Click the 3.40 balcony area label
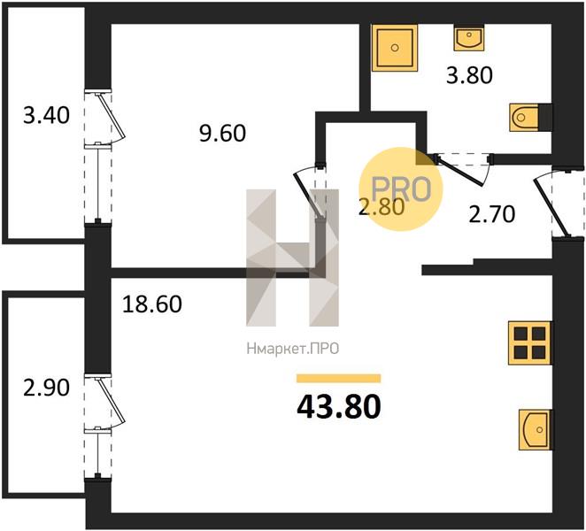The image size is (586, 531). coord(46,115)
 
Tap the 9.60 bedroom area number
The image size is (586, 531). coord(222,133)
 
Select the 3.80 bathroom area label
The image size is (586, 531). coord(470,74)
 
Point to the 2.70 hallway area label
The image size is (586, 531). coord(492,214)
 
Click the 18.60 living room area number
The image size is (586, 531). coord(152,304)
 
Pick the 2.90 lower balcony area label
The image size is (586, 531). coord(46,387)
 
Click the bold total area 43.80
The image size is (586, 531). coord(339,406)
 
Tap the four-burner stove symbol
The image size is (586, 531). coord(529,343)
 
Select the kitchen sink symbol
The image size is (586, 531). coord(535,430)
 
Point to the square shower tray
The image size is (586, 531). coord(394,48)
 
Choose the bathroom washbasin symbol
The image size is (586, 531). coord(468,38)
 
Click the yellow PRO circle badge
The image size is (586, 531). coord(401,189)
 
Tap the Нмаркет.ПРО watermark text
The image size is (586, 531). coord(293,349)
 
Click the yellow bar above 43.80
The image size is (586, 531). coord(339,378)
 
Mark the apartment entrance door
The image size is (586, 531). coord(552,204)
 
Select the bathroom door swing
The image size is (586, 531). coord(463,169)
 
